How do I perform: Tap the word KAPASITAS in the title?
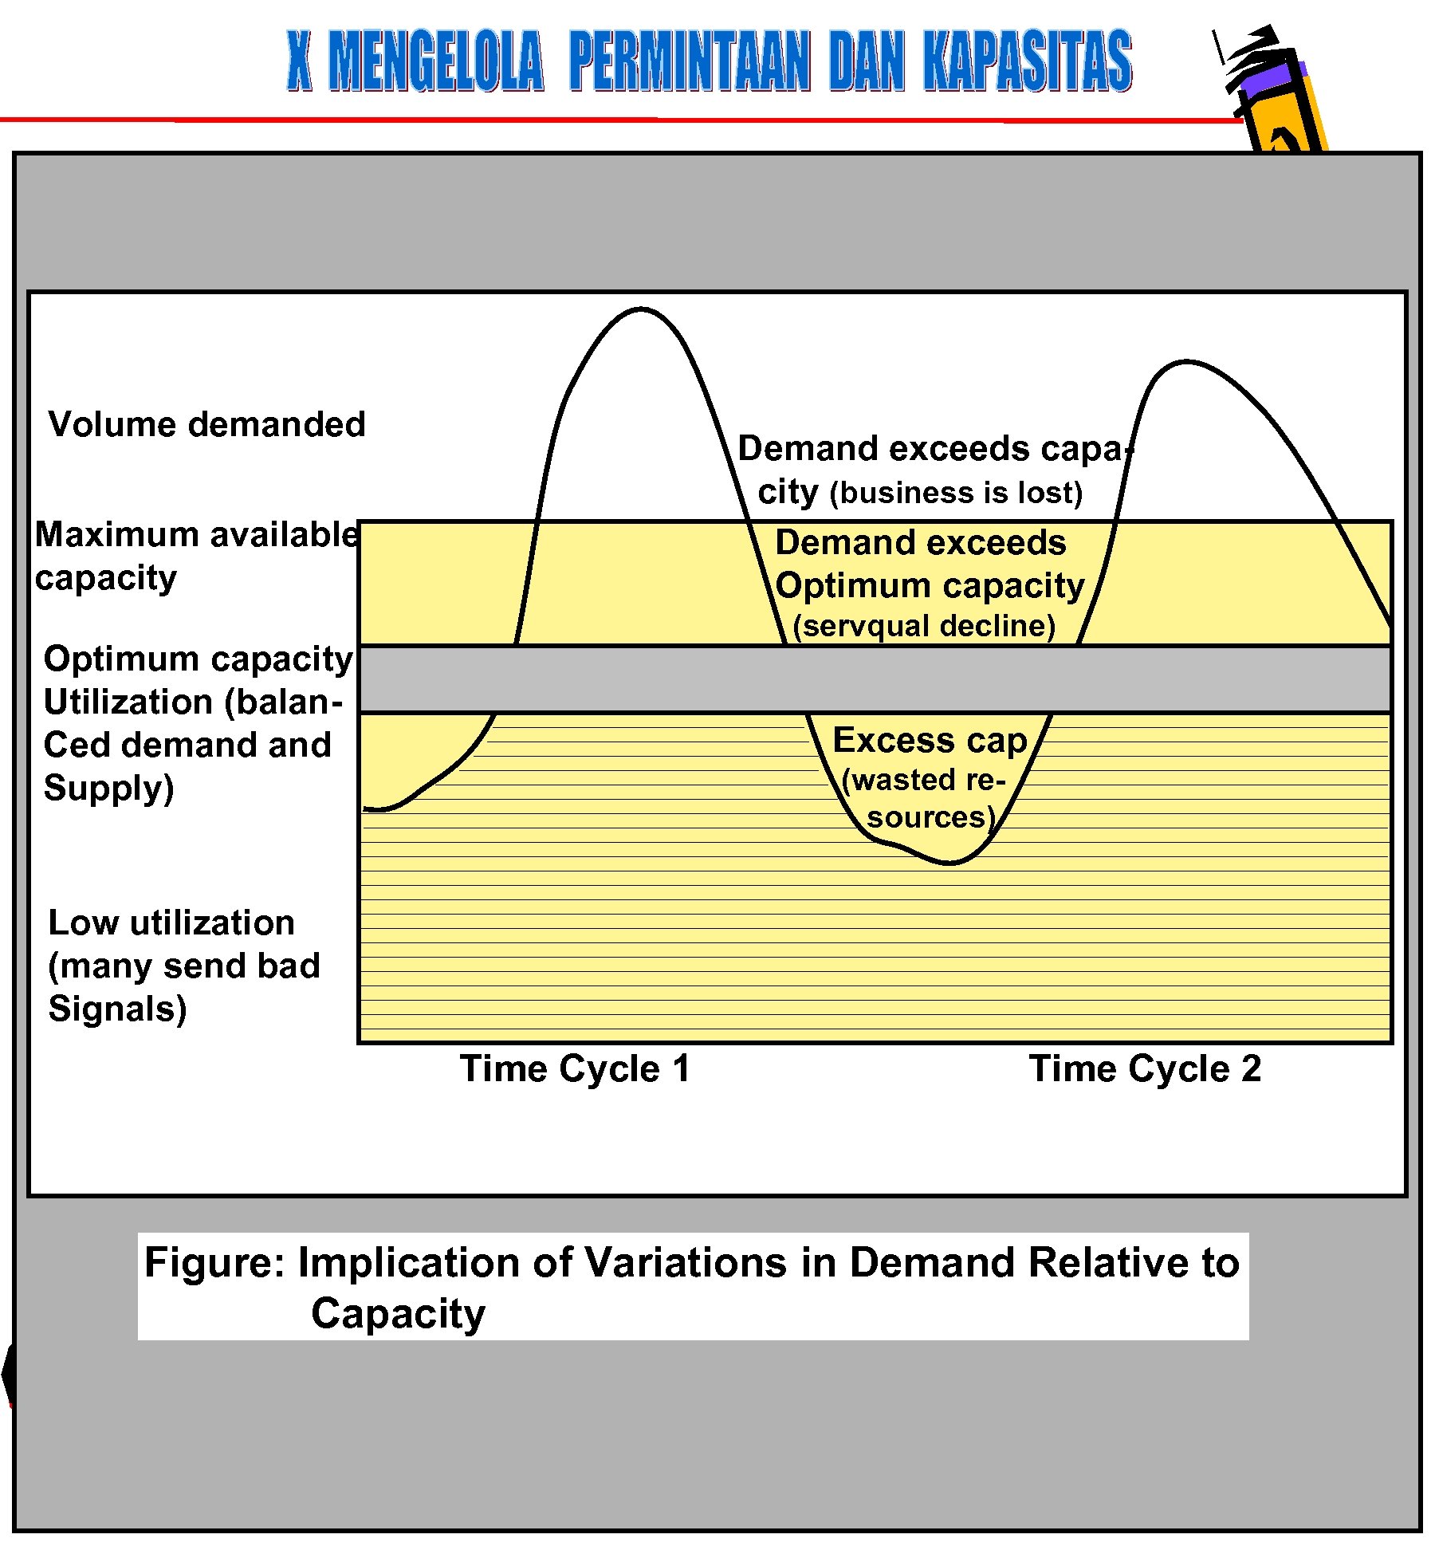pyautogui.click(x=1028, y=62)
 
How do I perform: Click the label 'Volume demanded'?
pyautogui.click(x=206, y=424)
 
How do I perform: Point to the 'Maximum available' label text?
pyautogui.click(x=196, y=534)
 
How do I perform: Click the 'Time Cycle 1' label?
pyautogui.click(x=575, y=1068)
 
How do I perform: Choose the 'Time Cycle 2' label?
pyautogui.click(x=1145, y=1068)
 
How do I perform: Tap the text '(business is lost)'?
pyautogui.click(x=956, y=493)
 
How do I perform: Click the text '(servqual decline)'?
pyautogui.click(x=924, y=626)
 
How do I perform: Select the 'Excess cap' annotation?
pyautogui.click(x=930, y=740)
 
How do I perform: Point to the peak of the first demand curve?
pyautogui.click(x=640, y=309)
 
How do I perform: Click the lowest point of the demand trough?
pyautogui.click(x=949, y=863)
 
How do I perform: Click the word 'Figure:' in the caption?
pyautogui.click(x=214, y=1263)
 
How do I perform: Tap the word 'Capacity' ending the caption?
pyautogui.click(x=398, y=1314)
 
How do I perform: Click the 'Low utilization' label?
pyautogui.click(x=171, y=923)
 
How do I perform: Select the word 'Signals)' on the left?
pyautogui.click(x=117, y=1009)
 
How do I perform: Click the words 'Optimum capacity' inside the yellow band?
pyautogui.click(x=930, y=585)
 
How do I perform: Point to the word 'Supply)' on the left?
pyautogui.click(x=108, y=788)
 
